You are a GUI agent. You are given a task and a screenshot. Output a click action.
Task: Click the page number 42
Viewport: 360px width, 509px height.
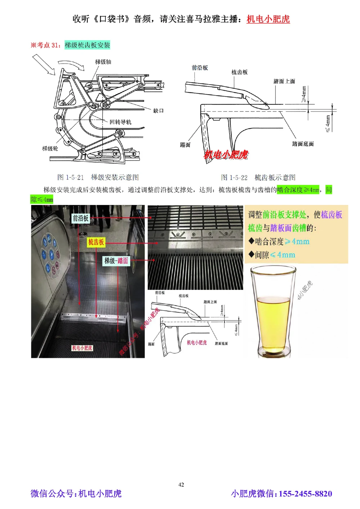pos(181,485)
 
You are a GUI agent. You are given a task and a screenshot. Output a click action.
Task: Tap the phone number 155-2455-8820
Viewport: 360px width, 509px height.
pos(305,494)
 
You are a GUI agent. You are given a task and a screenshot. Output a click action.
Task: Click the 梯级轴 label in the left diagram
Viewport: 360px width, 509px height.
pos(103,62)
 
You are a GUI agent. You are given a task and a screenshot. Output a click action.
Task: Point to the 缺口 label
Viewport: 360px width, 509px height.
pos(158,110)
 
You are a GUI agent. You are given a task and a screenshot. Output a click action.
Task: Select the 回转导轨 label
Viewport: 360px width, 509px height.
pos(120,122)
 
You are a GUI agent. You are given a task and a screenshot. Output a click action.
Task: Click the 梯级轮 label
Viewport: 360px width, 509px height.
pos(50,148)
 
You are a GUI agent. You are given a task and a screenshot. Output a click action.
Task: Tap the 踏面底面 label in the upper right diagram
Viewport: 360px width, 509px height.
pos(303,144)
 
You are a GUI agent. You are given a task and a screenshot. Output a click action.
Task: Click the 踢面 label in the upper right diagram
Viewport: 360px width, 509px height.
pos(185,145)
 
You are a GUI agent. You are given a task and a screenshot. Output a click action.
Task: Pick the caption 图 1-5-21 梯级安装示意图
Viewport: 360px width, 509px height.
pos(98,177)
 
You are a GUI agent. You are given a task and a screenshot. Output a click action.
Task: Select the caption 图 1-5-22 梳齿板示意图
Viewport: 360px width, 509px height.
pos(258,177)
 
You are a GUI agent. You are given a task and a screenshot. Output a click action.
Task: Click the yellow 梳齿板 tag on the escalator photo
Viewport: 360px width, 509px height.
pos(96,242)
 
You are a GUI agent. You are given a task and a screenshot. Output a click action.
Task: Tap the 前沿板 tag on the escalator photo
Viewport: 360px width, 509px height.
pos(80,218)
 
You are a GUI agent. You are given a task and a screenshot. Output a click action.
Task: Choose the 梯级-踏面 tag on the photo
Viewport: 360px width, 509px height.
pos(116,261)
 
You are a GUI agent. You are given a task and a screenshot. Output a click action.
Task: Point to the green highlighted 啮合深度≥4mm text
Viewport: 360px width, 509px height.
pos(298,190)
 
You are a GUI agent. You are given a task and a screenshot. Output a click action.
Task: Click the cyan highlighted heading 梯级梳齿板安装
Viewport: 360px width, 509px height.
pos(87,45)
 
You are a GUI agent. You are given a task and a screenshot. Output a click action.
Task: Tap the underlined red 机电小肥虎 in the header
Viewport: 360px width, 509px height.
pos(268,19)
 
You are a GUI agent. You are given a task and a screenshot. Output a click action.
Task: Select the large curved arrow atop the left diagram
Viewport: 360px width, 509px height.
pos(72,64)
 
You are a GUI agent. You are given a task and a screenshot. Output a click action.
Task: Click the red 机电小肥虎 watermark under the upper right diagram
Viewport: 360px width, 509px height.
pos(226,155)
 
